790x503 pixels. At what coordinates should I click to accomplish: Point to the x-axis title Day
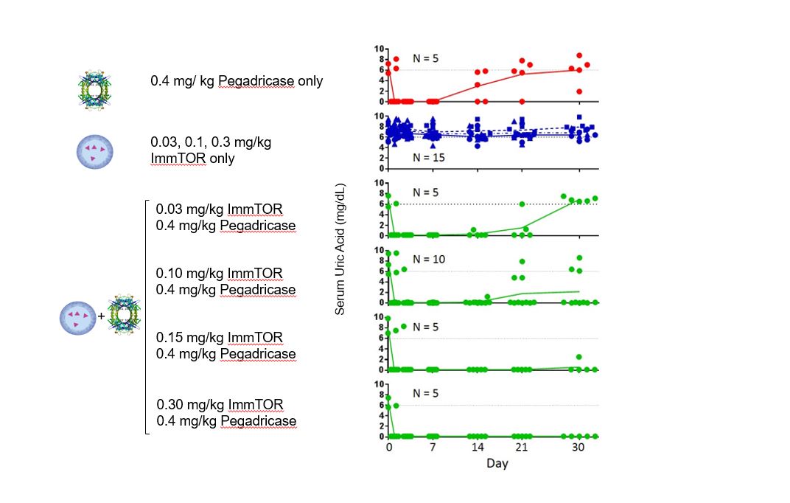[x=497, y=463]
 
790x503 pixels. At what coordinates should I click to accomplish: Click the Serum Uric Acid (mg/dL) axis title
[x=340, y=251]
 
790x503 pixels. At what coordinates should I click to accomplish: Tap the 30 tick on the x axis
[x=578, y=448]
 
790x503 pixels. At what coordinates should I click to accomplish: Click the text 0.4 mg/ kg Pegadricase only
[x=237, y=81]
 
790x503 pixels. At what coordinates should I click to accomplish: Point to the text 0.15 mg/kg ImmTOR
[x=219, y=338]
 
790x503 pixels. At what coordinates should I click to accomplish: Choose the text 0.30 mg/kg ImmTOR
[x=220, y=405]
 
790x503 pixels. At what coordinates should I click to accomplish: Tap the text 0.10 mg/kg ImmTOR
[x=219, y=274]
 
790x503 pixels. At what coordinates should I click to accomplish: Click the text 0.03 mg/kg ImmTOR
[x=219, y=209]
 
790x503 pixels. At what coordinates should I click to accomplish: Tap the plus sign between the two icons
[x=102, y=318]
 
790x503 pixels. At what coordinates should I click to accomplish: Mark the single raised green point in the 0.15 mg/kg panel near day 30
[x=579, y=357]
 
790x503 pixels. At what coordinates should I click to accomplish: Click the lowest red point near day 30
[x=579, y=91]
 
